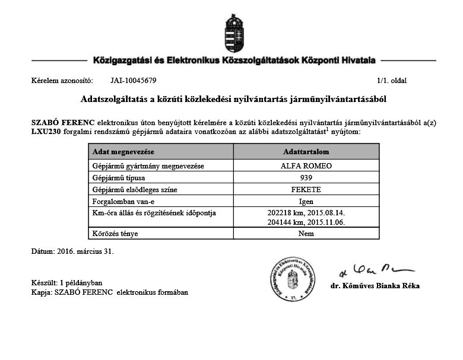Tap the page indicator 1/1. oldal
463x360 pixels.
coord(391,80)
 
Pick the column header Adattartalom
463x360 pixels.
coord(306,152)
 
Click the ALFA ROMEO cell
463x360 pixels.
coord(306,166)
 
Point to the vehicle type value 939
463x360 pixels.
coord(306,178)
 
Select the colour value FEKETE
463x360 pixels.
coord(306,190)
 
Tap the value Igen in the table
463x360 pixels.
coord(306,202)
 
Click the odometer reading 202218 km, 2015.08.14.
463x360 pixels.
coord(306,212)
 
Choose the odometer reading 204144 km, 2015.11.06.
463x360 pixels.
coord(306,222)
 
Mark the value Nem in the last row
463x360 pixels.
coord(306,233)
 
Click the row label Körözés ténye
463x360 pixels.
coord(115,233)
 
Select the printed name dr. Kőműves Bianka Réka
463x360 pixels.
coord(375,286)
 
